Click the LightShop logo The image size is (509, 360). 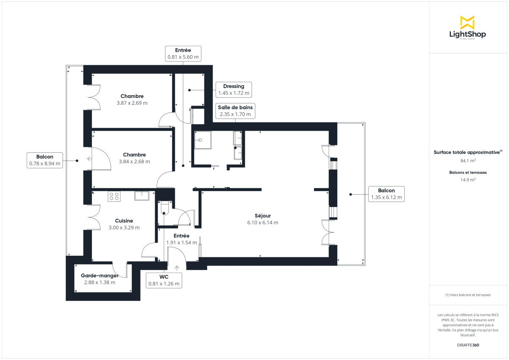(467, 28)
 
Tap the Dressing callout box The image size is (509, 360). (234, 89)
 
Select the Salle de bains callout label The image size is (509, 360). (235, 111)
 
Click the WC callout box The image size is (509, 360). (164, 280)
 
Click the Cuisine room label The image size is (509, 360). (124, 220)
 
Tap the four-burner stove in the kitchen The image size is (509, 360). (114, 196)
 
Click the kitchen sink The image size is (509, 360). (142, 195)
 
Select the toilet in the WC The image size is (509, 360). (164, 209)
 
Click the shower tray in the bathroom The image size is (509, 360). (203, 140)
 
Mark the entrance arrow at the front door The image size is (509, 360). (177, 267)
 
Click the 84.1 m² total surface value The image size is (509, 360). (467, 161)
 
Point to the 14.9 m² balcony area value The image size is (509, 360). (467, 179)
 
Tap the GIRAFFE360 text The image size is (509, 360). (468, 345)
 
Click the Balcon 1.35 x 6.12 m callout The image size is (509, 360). (386, 194)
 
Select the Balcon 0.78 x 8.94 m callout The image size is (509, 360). (45, 160)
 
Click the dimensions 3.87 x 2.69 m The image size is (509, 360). (132, 103)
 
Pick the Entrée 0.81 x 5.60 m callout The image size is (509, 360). (183, 53)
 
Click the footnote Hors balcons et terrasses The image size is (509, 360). (468, 295)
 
